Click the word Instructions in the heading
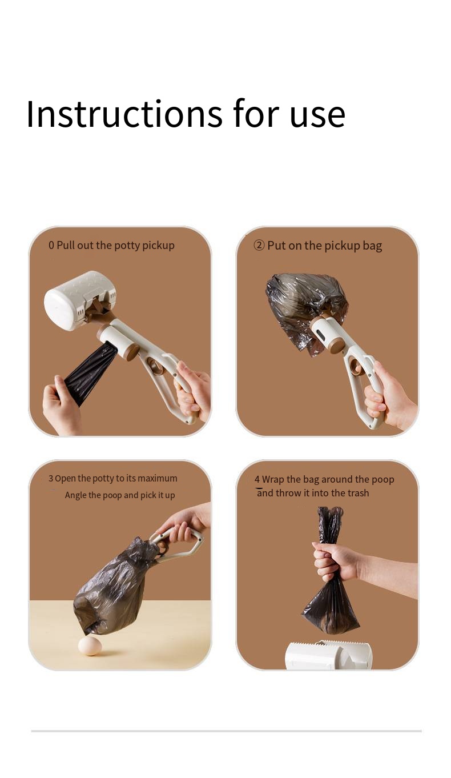124,114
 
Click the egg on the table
90,645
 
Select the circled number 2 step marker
259,246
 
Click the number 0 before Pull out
51,246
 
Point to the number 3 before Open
51,479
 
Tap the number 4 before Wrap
257,479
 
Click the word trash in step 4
358,493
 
